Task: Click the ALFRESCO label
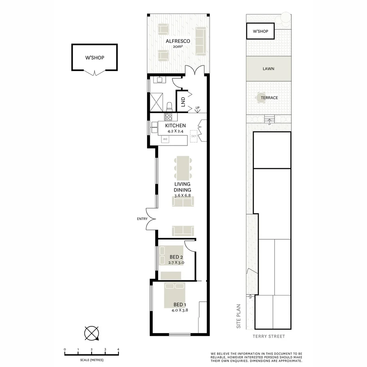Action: [x=178, y=41]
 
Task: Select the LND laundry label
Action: [x=183, y=101]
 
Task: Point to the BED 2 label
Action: [x=176, y=257]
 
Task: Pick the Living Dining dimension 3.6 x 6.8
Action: [x=182, y=196]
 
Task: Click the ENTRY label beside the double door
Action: [x=142, y=219]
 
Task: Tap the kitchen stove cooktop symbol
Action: [x=169, y=117]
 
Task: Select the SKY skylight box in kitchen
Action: [x=194, y=136]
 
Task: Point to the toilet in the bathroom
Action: [x=170, y=107]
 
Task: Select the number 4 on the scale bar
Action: [x=118, y=349]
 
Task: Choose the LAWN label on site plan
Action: [x=268, y=69]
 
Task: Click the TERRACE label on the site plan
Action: [x=269, y=98]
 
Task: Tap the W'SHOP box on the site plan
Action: [x=261, y=31]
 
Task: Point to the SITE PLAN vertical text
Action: [x=239, y=316]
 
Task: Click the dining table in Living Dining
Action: [x=183, y=168]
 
